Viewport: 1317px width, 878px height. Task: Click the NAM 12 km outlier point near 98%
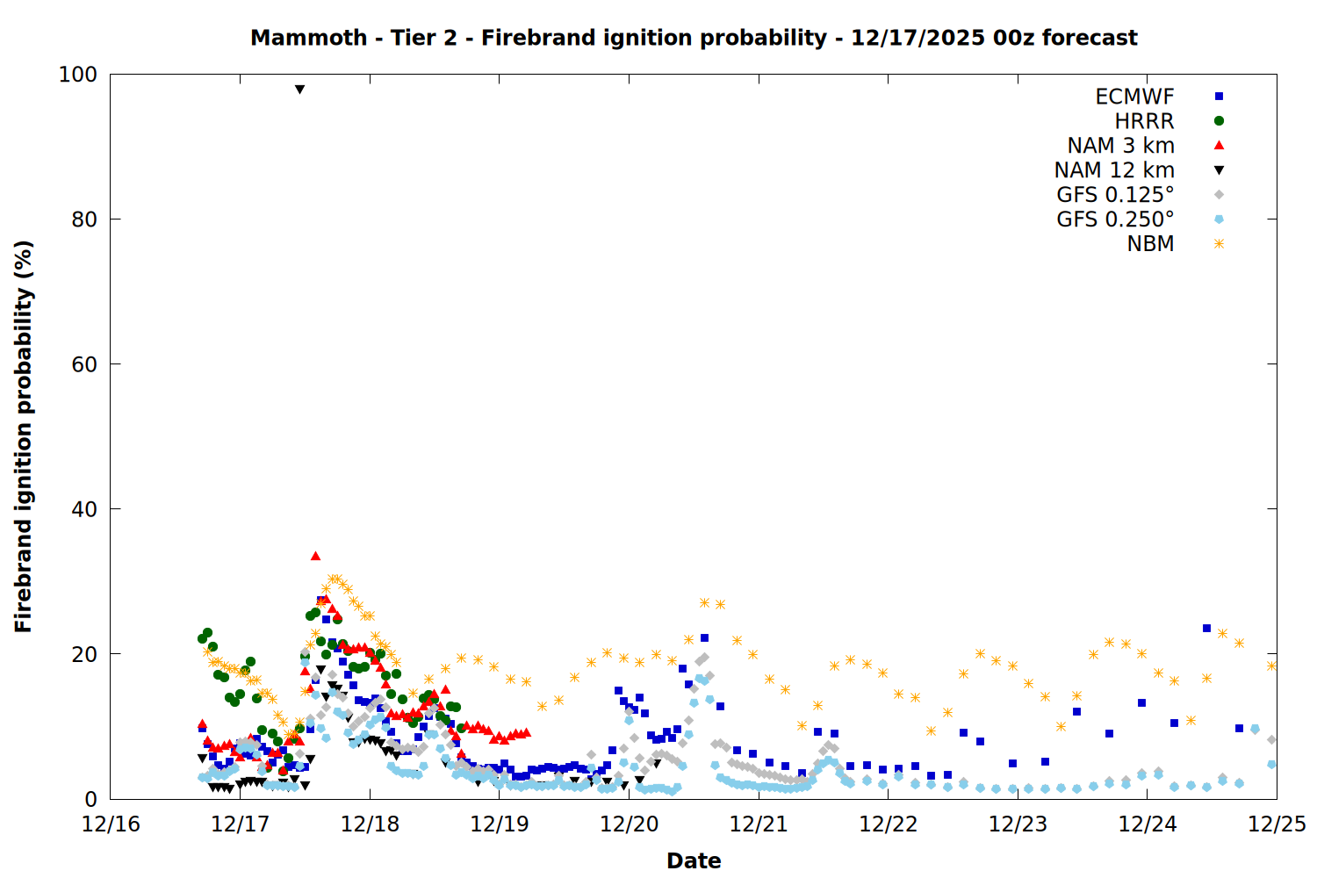tap(299, 90)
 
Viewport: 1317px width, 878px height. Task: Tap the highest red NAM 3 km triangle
tap(315, 556)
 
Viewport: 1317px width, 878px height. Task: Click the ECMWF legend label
tap(1134, 97)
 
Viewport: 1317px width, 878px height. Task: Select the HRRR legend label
tap(1144, 121)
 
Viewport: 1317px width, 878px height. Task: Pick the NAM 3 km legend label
tap(1120, 146)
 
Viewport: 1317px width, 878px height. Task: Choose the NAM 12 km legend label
tap(1114, 170)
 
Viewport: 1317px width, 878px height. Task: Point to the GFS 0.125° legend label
tap(1115, 195)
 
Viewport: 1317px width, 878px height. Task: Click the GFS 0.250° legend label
tap(1115, 219)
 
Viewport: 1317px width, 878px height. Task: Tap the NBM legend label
tap(1150, 244)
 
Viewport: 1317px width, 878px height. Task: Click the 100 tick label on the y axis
tap(77, 75)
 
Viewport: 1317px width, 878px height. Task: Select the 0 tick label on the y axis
tap(90, 799)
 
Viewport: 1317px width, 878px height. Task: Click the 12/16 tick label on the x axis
tap(111, 824)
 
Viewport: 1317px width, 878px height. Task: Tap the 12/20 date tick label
tap(630, 824)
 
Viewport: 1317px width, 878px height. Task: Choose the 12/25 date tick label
tap(1277, 824)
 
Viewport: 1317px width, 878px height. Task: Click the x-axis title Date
tap(694, 860)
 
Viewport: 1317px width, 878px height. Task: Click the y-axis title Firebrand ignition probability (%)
tap(24, 436)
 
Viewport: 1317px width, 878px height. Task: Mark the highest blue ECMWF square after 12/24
tap(1206, 628)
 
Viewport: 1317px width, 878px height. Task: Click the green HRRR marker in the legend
tap(1219, 121)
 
